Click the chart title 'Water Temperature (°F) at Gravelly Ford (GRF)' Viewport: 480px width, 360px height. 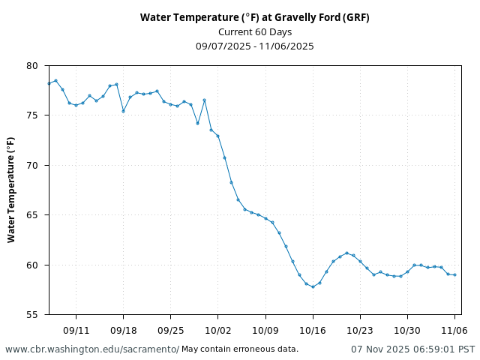pyautogui.click(x=255, y=17)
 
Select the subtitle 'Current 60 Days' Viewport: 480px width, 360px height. pyautogui.click(x=255, y=31)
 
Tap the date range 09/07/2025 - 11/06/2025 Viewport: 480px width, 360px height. pyautogui.click(x=255, y=46)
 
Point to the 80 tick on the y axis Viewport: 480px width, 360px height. pyautogui.click(x=31, y=66)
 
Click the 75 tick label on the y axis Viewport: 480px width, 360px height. pyautogui.click(x=31, y=115)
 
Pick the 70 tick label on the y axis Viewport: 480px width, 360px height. pyautogui.click(x=31, y=166)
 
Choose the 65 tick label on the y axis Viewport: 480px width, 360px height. pyautogui.click(x=31, y=215)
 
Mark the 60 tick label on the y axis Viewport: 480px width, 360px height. pyautogui.click(x=31, y=265)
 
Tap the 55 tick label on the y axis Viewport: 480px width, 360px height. pyautogui.click(x=31, y=315)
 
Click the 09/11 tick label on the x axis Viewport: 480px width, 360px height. pyautogui.click(x=76, y=330)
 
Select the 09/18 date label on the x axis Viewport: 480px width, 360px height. pyautogui.click(x=123, y=330)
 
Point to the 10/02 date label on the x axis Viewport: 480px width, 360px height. pyautogui.click(x=217, y=330)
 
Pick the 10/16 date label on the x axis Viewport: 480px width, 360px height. pyautogui.click(x=313, y=330)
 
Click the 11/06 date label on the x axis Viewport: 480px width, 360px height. pyautogui.click(x=454, y=330)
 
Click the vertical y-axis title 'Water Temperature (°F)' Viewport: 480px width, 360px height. pyautogui.click(x=11, y=189)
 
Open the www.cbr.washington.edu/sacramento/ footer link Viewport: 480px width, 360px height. pyautogui.click(x=92, y=349)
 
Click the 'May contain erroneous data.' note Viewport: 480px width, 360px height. pyautogui.click(x=240, y=349)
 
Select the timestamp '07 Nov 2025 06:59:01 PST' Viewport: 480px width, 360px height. pyautogui.click(x=412, y=349)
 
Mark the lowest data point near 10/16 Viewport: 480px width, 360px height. pyautogui.click(x=313, y=286)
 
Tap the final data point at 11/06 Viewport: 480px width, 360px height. pyautogui.click(x=454, y=274)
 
